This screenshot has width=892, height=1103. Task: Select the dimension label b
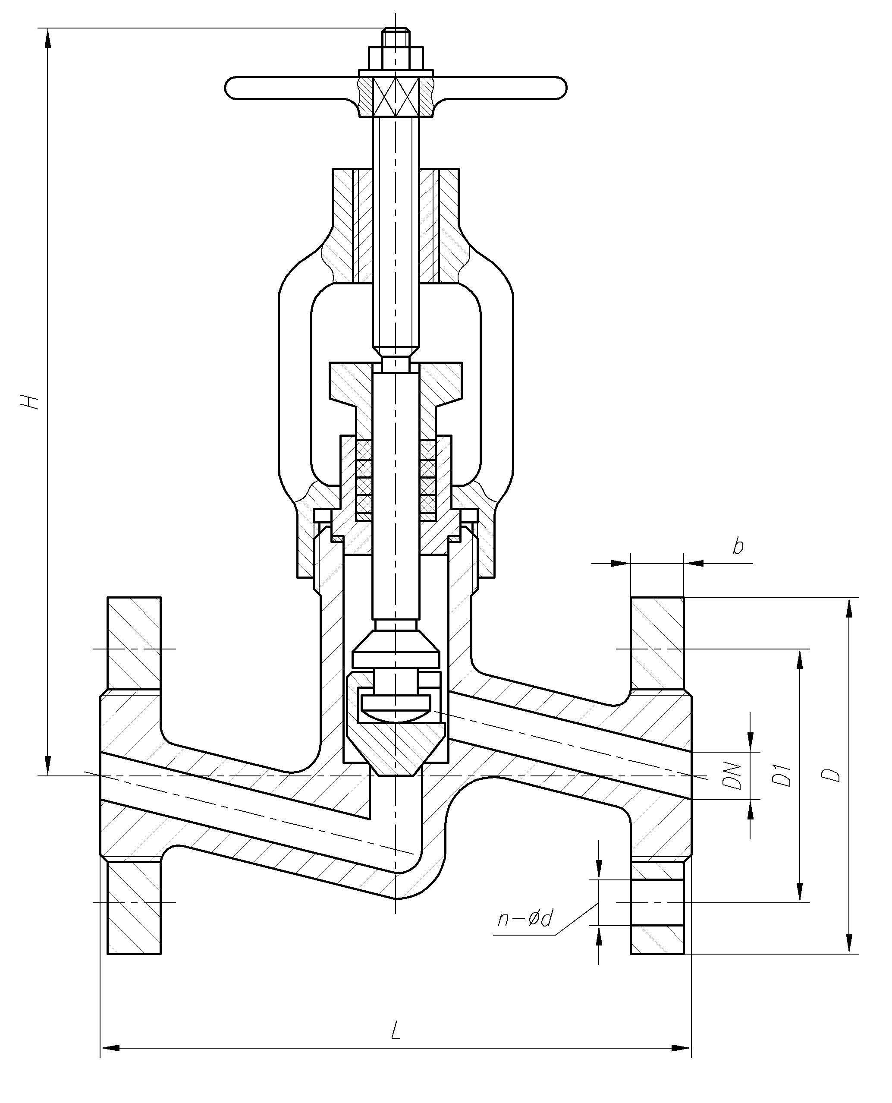738,546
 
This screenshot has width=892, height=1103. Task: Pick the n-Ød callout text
525,918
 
